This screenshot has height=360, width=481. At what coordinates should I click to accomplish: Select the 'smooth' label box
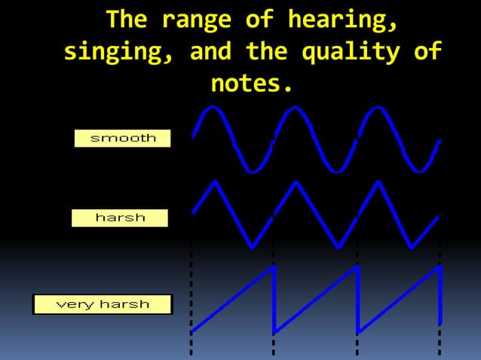pyautogui.click(x=123, y=138)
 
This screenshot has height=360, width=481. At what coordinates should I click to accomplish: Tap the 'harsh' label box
pyautogui.click(x=120, y=218)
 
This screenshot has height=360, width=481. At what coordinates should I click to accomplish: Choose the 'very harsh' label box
pyautogui.click(x=103, y=304)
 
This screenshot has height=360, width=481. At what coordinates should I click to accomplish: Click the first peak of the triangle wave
pyautogui.click(x=216, y=182)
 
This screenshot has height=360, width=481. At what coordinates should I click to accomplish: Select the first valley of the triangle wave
pyautogui.click(x=253, y=246)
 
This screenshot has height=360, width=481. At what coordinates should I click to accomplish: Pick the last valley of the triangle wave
pyautogui.click(x=412, y=246)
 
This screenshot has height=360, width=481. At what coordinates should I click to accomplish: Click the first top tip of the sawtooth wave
pyautogui.click(x=273, y=267)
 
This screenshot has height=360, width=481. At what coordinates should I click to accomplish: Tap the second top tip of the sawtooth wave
pyautogui.click(x=356, y=267)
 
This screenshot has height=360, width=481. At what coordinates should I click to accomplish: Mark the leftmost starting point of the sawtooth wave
pyautogui.click(x=192, y=331)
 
